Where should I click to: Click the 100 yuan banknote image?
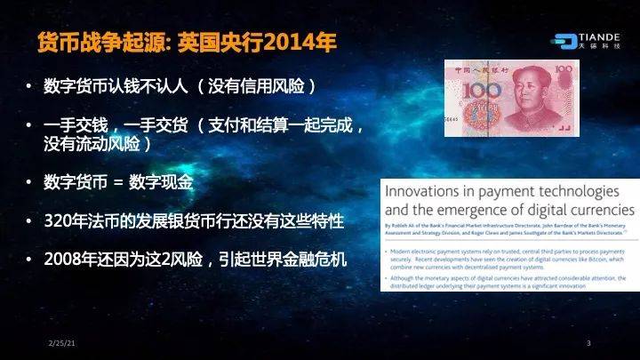pyautogui.click(x=504, y=97)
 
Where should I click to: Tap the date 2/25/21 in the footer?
pyautogui.click(x=59, y=343)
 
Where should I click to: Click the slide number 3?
pyautogui.click(x=588, y=343)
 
